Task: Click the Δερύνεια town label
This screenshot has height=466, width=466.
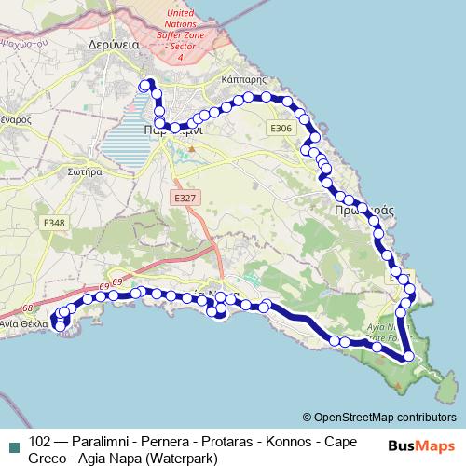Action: (x=114, y=44)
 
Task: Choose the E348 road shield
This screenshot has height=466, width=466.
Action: (x=55, y=222)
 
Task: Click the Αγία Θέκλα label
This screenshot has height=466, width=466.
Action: (x=22, y=325)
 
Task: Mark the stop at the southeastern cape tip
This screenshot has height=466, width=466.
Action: (x=409, y=356)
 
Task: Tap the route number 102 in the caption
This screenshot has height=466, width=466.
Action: (x=40, y=441)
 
